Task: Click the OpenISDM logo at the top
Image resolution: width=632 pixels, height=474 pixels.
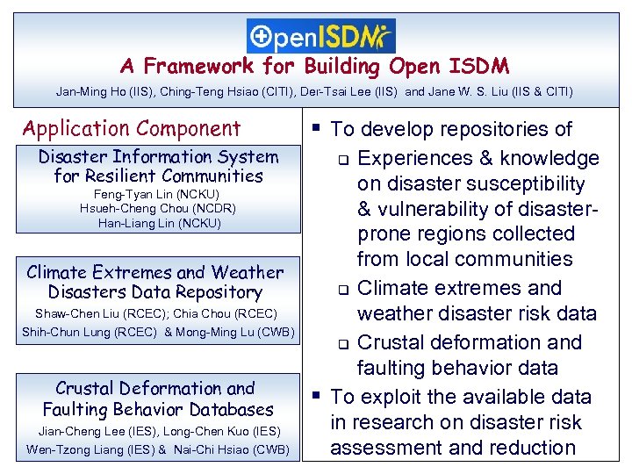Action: (x=321, y=36)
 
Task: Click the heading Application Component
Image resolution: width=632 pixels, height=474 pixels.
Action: (x=132, y=129)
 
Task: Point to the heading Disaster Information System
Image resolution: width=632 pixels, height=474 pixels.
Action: (x=158, y=157)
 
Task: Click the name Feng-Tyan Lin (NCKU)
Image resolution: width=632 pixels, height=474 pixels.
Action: (x=158, y=194)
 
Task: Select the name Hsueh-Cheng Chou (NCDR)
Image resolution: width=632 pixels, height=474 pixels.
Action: (x=158, y=209)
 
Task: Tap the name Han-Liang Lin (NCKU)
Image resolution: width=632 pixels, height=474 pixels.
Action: (x=159, y=223)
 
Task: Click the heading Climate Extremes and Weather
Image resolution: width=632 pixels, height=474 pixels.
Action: (x=155, y=272)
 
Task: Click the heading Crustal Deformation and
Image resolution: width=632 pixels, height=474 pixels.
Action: (x=155, y=388)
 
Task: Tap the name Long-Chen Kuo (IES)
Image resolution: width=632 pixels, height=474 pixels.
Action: (x=221, y=430)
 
